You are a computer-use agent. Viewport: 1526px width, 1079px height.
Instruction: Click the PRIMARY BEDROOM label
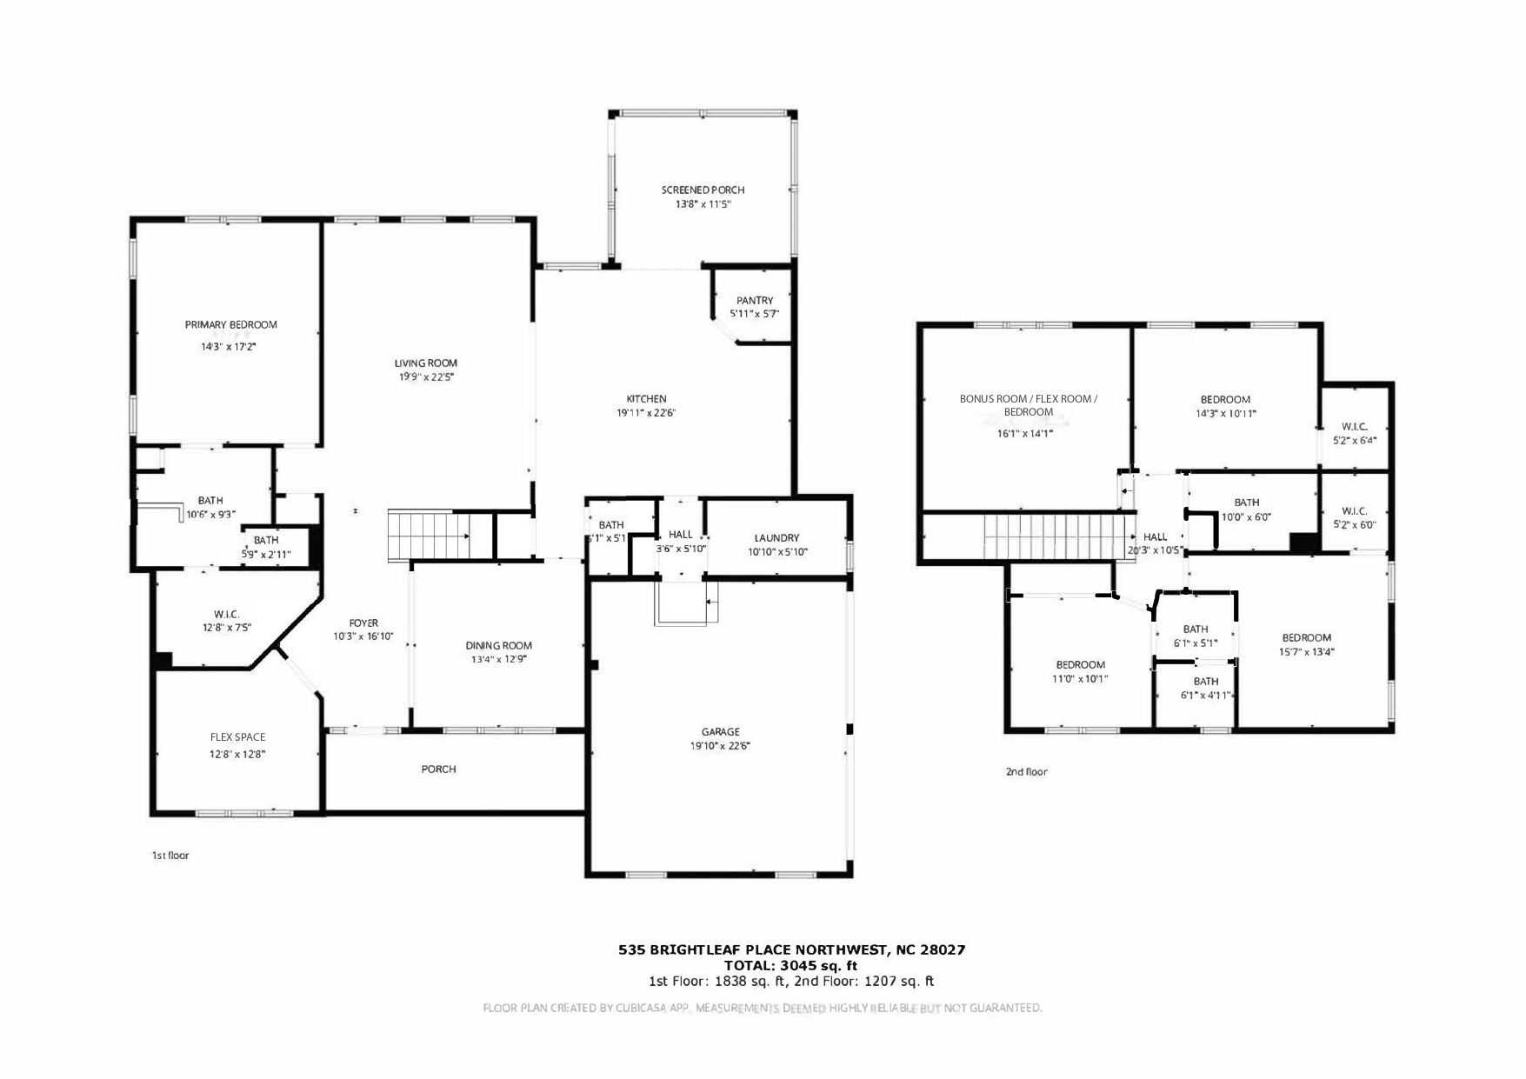(230, 325)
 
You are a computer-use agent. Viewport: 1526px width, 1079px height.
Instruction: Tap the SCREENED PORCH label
(703, 190)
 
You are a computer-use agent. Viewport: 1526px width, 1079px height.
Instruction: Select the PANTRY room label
(754, 301)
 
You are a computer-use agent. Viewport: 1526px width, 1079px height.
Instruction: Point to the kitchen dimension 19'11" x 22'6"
(646, 413)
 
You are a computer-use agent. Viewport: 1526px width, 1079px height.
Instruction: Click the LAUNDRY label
(776, 538)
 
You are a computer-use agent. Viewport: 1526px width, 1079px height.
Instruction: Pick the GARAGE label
(720, 732)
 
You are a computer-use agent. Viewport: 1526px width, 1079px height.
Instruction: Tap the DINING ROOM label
(498, 646)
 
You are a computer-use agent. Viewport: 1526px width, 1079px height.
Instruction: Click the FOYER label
(363, 623)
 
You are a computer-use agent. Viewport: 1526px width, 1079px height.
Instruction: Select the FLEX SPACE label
(237, 737)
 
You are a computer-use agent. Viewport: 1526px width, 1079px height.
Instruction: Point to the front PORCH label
(438, 769)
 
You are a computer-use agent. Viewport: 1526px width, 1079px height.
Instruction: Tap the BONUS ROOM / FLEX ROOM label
(1028, 399)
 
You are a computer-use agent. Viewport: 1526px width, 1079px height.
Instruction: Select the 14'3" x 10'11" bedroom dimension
(1225, 414)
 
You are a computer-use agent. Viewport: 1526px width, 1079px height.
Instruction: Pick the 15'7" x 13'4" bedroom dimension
(1306, 652)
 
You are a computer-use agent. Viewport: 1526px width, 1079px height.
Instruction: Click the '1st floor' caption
(170, 856)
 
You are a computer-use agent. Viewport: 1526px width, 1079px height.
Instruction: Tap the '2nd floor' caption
(1026, 772)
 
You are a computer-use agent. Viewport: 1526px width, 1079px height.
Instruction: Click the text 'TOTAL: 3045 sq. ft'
(790, 965)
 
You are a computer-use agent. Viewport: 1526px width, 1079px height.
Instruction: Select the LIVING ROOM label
(425, 363)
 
